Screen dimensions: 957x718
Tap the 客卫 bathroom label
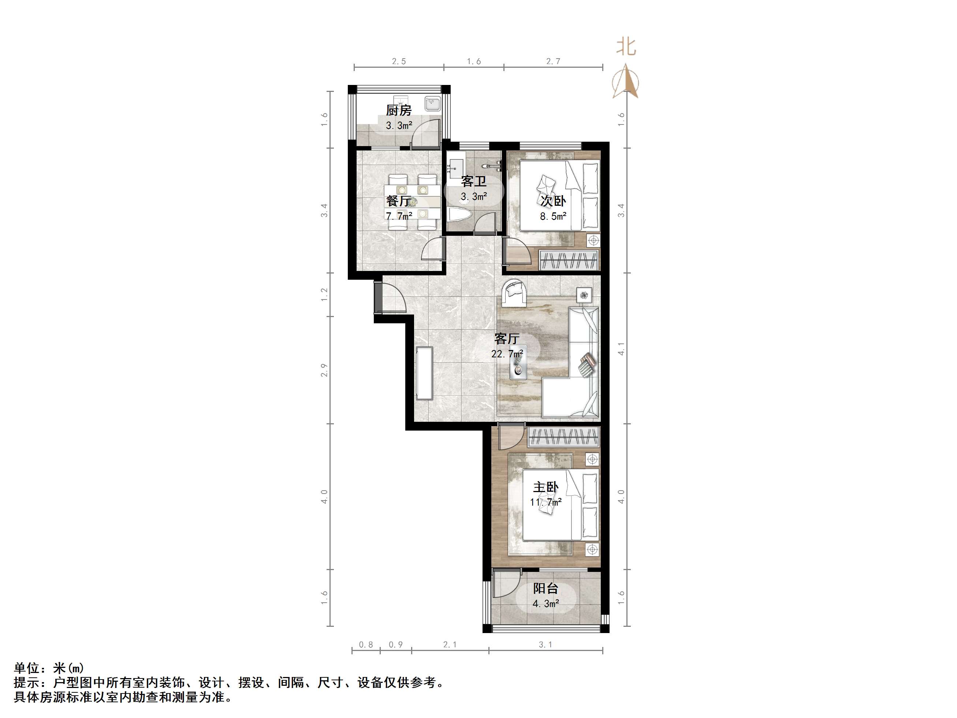point(474,181)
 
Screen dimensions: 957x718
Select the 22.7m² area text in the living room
point(507,354)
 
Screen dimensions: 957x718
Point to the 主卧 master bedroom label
point(545,487)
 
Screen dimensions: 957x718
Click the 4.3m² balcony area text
point(546,603)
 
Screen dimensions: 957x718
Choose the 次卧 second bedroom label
point(553,201)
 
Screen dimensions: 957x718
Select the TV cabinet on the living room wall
point(424,373)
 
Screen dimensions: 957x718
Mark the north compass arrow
point(626,81)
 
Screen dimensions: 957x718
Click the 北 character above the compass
point(626,47)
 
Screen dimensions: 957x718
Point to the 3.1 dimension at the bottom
point(545,644)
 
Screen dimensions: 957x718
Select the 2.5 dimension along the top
point(399,62)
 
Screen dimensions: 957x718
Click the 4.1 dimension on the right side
point(621,349)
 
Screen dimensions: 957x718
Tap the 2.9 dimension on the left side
point(324,370)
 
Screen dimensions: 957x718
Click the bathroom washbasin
point(456,167)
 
